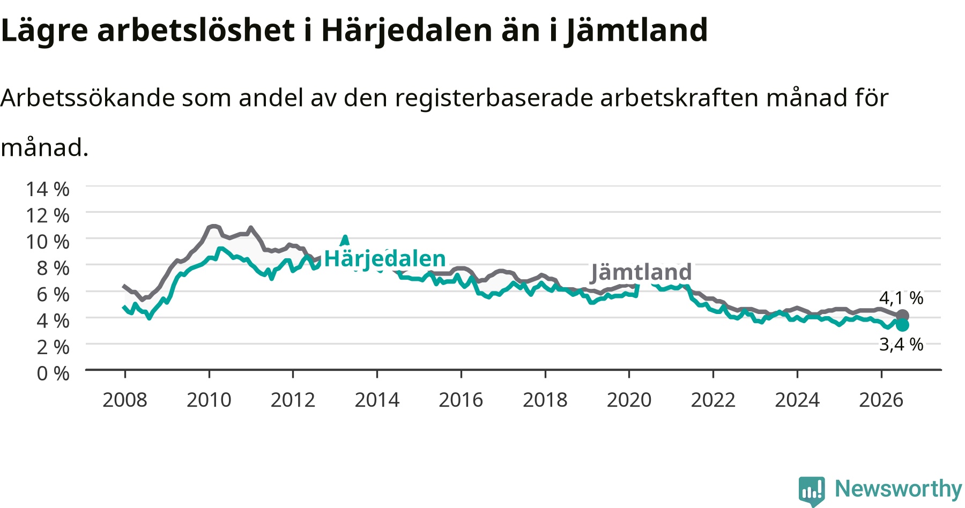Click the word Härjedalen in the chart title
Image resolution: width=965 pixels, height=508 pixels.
pos(407,31)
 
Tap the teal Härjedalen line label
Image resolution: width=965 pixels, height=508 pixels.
pos(385,259)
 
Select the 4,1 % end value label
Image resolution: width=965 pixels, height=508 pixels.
pos(901,298)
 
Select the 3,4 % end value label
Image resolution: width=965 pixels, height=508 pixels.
pos(901,344)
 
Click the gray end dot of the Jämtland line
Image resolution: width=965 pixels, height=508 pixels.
pos(902,316)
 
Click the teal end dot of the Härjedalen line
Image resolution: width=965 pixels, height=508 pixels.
pos(902,325)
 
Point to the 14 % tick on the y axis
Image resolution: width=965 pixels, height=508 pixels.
pos(48,189)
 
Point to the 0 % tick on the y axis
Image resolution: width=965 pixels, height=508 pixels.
pos(53,373)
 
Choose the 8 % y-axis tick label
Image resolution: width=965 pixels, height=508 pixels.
pos(53,268)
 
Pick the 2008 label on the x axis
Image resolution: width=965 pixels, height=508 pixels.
pos(125,400)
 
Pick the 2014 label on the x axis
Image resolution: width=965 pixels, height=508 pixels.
pos(377,400)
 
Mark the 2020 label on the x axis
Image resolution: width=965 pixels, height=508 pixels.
pos(629,400)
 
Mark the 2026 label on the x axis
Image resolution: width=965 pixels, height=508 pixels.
pos(881,400)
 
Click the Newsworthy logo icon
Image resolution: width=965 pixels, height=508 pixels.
pos(812,491)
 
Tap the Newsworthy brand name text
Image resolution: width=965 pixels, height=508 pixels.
pos(899,489)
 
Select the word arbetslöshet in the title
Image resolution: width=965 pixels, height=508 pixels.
pos(196,31)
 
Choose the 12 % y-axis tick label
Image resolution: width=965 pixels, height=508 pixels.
pos(48,215)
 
